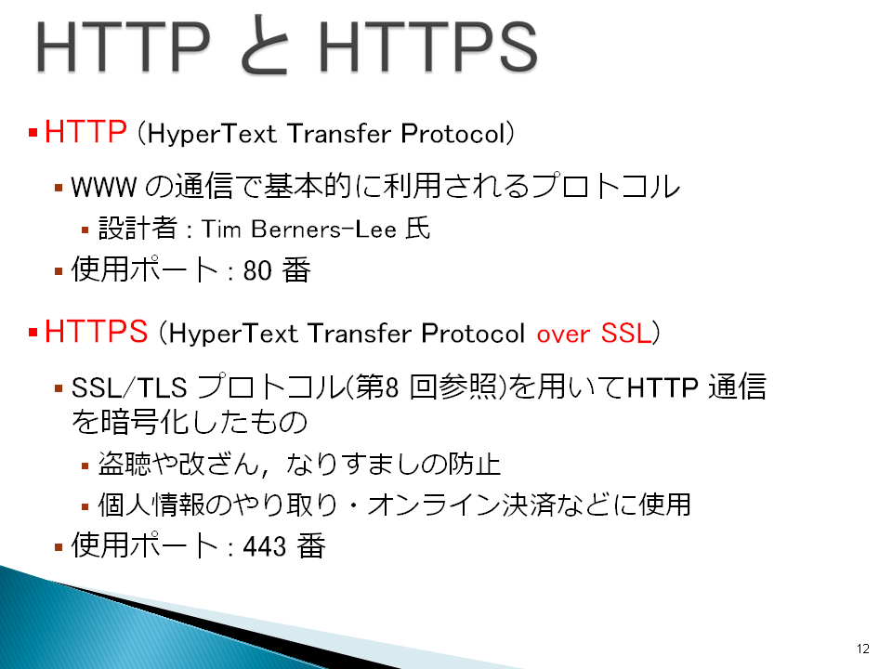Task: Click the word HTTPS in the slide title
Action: coord(427,46)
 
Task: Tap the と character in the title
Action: coord(264,46)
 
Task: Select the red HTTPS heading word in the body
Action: coord(96,331)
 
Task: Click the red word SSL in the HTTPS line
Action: coord(625,333)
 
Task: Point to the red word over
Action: coord(563,334)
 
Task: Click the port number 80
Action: coord(257,270)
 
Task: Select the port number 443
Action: coord(265,546)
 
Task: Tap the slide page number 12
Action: coord(862,649)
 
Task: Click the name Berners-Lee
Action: coord(323,230)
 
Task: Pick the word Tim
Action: coord(221,230)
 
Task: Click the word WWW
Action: coord(103,187)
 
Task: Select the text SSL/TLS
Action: coord(129,388)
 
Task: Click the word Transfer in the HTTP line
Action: coord(340,134)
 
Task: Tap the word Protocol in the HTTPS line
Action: coord(473,334)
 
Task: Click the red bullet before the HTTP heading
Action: coord(33,133)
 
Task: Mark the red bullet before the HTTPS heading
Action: coord(33,333)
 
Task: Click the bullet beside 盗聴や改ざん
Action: coord(85,466)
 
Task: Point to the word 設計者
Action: coord(138,229)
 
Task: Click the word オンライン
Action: coord(434,505)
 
